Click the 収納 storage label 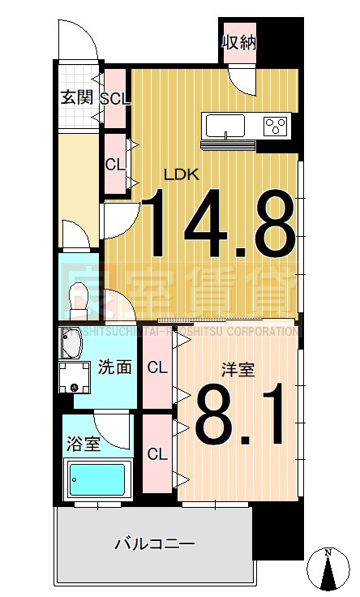239,41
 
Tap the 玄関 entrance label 77,98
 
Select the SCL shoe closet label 115,98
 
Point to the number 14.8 220,222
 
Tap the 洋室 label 238,370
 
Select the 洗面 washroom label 114,367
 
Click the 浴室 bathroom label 83,444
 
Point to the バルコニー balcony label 154,543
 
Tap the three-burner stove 276,126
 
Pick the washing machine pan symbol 77,377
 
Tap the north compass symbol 328,571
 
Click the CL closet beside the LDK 115,163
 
